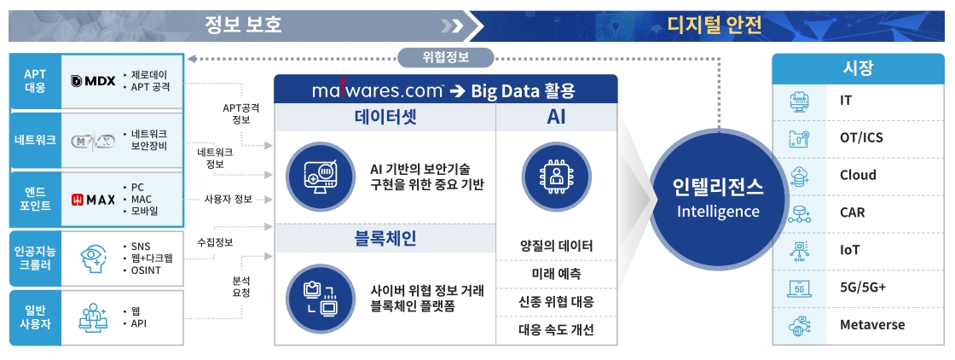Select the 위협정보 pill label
(x=445, y=57)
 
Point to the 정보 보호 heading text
(x=243, y=25)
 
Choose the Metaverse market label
(x=871, y=325)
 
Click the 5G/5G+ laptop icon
(x=800, y=287)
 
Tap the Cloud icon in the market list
(x=800, y=175)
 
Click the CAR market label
(x=854, y=212)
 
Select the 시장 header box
(x=858, y=68)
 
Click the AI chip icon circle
(x=555, y=176)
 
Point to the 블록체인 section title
(x=385, y=238)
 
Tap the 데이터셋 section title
(x=385, y=116)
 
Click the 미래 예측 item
(x=556, y=274)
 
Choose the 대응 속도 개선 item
(x=556, y=330)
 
